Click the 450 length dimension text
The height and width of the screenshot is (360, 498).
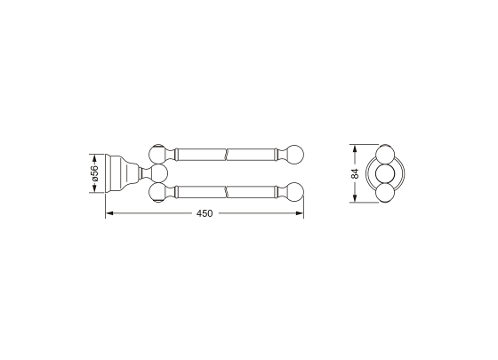click(x=205, y=214)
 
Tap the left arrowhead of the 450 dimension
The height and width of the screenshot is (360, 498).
click(x=108, y=214)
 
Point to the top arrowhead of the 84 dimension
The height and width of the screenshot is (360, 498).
click(x=355, y=144)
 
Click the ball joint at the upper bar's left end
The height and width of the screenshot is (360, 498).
click(x=160, y=152)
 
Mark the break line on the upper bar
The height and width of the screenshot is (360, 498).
click(x=229, y=154)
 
